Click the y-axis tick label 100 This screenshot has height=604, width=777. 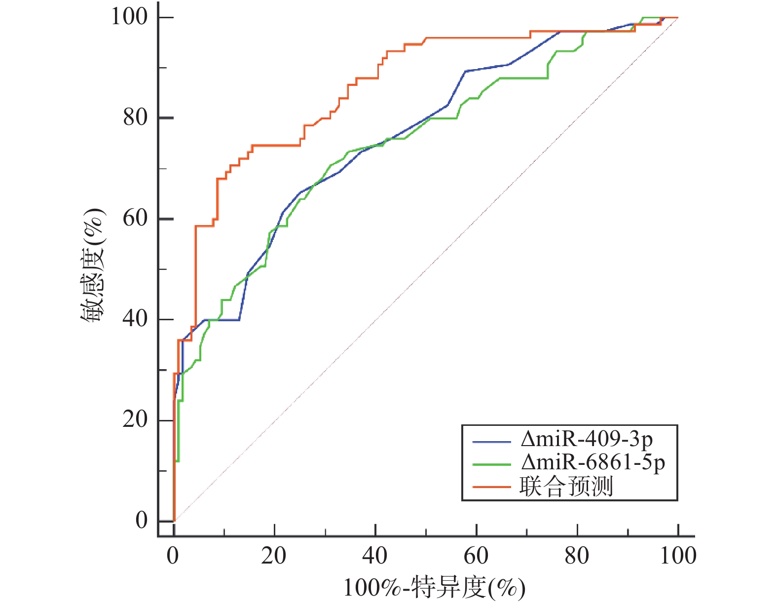point(129,17)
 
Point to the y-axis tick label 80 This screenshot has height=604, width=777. point(135,117)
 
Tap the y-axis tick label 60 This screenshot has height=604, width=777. point(135,218)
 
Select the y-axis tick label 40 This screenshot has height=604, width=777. point(135,319)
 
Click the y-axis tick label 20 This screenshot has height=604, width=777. point(135,419)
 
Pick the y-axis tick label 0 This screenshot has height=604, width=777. point(142,520)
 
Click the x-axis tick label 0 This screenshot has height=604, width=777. point(173,556)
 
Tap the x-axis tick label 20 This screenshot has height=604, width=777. point(274,556)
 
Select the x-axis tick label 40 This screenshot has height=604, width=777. point(375,556)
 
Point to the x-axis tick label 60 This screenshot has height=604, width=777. point(476,556)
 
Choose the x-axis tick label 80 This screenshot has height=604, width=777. point(577,556)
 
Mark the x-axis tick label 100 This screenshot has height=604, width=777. point(678,556)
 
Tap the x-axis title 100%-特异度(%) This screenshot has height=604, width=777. point(434,588)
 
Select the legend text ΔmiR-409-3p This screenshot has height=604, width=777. point(587,439)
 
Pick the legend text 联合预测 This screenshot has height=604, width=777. point(566,487)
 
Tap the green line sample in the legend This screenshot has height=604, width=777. point(491,464)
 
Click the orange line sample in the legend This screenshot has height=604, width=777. point(491,487)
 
